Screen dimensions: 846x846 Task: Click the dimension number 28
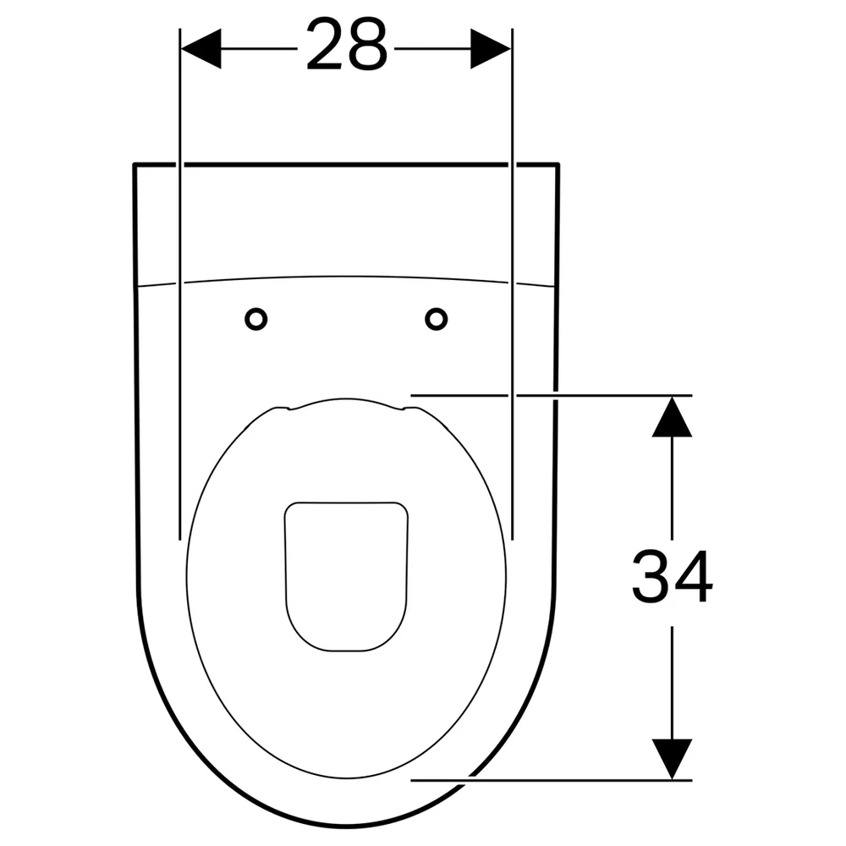[x=347, y=44]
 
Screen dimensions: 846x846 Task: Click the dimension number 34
[x=673, y=576]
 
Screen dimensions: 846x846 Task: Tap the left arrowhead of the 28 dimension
[x=201, y=48]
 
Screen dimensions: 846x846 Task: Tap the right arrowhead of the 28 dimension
[x=491, y=48]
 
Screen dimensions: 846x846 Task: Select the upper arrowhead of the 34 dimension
[x=672, y=416]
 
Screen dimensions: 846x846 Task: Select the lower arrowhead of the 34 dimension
[x=672, y=759]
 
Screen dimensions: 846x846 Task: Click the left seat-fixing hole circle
[x=255, y=319]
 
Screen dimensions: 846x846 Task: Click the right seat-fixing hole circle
[x=436, y=319]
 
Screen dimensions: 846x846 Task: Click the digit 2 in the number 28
[x=326, y=44]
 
